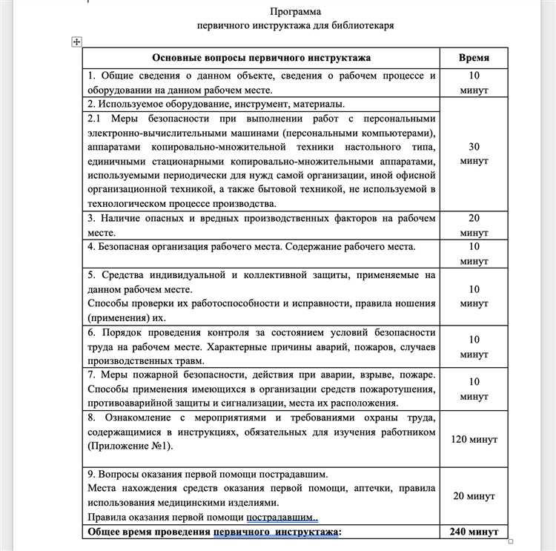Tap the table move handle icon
tap(76, 42)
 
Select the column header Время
tap(474, 58)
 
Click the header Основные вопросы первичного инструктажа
tap(261, 58)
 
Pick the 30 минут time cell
tap(474, 154)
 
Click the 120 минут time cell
tap(474, 439)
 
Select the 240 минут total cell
tap(474, 532)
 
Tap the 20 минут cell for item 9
tap(474, 496)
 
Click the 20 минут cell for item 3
tap(474, 225)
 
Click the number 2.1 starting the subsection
tap(95, 119)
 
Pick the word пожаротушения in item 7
tap(397, 389)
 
